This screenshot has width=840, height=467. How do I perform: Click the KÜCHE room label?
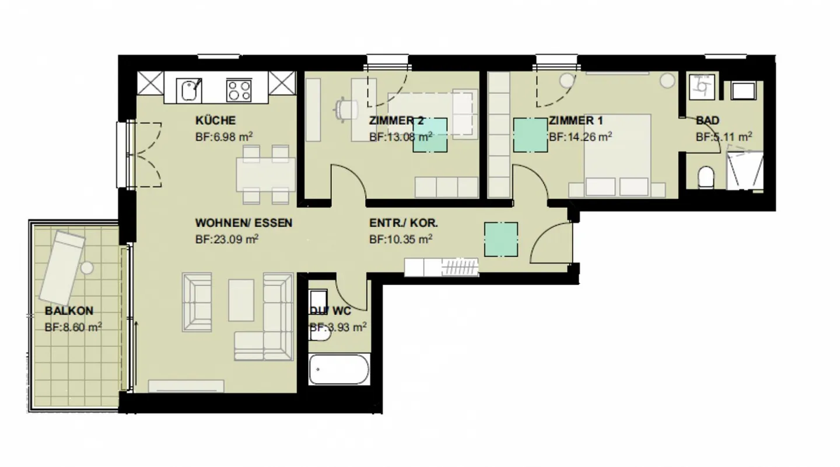[x=215, y=121]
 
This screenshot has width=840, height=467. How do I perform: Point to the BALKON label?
[x=68, y=311]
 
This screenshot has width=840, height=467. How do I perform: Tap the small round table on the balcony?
[x=87, y=268]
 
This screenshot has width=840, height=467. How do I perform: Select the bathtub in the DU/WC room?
[x=338, y=370]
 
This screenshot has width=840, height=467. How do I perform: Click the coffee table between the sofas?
[x=241, y=300]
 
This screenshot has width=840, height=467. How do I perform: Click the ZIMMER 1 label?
[x=575, y=121]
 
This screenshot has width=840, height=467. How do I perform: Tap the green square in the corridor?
[x=501, y=240]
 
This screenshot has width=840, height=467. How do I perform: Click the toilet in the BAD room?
[x=706, y=177]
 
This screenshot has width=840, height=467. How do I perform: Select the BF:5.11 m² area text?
[x=723, y=137]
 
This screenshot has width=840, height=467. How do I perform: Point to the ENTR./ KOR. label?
[x=403, y=223]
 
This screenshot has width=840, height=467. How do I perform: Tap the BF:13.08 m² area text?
[x=400, y=137]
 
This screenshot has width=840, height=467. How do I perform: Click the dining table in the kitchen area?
[x=265, y=174]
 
